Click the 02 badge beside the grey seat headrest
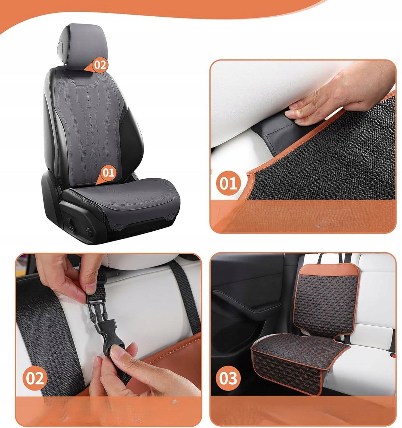coord(100,65)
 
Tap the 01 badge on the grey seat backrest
coord(108,173)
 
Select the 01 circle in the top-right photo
coord(229,183)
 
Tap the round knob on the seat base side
coord(89,232)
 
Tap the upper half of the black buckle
coord(96,308)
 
